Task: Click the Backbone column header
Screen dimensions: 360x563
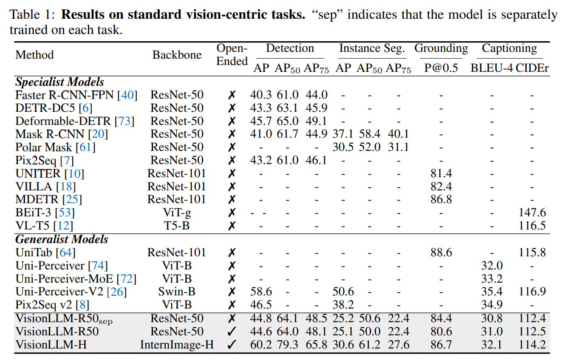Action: (177, 55)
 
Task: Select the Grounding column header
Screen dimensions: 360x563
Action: (441, 48)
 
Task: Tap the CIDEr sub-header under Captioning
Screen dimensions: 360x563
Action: (532, 68)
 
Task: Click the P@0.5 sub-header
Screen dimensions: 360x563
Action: (441, 68)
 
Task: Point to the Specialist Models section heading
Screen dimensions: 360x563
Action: (59, 82)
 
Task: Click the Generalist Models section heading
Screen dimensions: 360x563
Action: (62, 239)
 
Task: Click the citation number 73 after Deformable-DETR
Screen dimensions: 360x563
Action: (124, 121)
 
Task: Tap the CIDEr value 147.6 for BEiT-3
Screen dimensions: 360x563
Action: (532, 213)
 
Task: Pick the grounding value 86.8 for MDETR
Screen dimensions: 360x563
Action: (441, 199)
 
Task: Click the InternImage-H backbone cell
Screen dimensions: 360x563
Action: (177, 345)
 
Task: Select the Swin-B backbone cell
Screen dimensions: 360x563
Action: (177, 292)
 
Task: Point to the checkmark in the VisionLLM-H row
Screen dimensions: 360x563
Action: (232, 345)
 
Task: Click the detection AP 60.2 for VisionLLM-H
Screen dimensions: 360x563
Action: (261, 345)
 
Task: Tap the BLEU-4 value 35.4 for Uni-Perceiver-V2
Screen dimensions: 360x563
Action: (492, 292)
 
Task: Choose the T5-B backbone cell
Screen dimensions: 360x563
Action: (177, 226)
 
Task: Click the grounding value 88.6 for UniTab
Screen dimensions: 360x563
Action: (441, 252)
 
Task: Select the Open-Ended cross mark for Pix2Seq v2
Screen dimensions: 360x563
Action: (232, 305)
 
